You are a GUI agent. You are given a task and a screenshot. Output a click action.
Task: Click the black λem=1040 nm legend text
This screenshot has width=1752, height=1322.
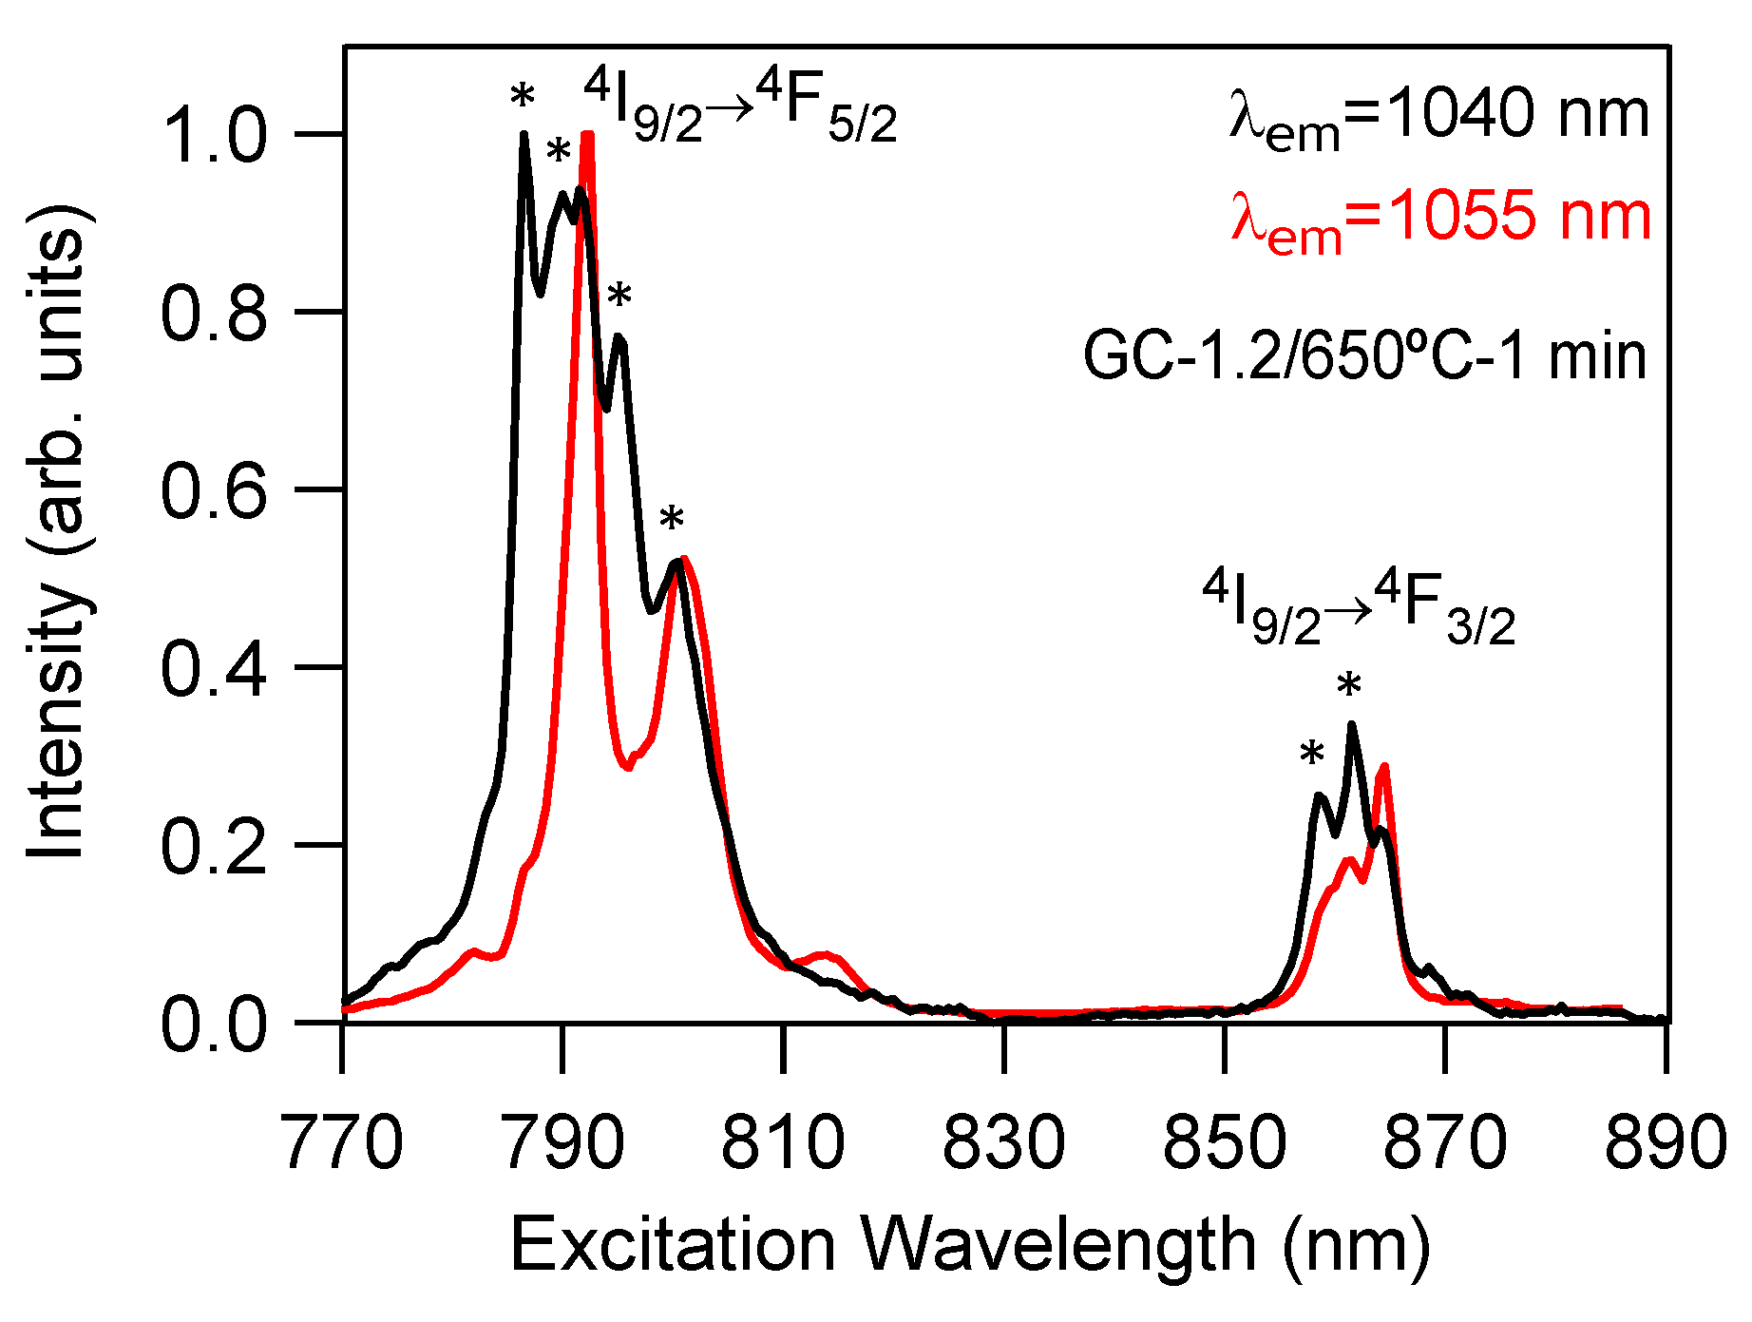tap(1439, 118)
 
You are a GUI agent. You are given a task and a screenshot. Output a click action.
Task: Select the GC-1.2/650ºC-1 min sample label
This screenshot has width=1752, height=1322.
tap(1364, 358)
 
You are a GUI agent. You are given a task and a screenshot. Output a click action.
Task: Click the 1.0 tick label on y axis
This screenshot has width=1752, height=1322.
tap(213, 134)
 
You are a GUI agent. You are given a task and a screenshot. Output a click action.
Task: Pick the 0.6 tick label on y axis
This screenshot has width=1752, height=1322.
tap(213, 490)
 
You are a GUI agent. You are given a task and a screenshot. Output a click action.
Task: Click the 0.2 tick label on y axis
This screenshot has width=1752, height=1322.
tap(213, 846)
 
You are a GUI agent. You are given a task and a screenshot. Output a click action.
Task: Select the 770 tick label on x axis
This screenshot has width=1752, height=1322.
tap(343, 1142)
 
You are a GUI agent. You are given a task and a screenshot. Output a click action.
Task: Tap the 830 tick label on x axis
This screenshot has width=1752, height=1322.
tap(1003, 1142)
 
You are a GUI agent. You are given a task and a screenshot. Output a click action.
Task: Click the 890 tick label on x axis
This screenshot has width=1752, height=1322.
tap(1665, 1142)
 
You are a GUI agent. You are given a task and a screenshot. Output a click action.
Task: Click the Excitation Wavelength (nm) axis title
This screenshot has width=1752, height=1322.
tap(969, 1245)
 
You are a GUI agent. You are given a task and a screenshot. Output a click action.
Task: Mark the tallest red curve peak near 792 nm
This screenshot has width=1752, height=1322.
tap(587, 136)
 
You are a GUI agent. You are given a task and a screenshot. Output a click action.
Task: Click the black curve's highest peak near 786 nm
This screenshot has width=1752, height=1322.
tap(524, 136)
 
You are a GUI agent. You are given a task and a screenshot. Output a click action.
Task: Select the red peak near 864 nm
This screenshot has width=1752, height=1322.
tap(1384, 767)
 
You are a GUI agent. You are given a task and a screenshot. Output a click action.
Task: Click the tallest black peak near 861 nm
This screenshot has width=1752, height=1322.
tap(1351, 725)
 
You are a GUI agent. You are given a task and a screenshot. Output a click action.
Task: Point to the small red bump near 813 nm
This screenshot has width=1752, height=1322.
tap(824, 953)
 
